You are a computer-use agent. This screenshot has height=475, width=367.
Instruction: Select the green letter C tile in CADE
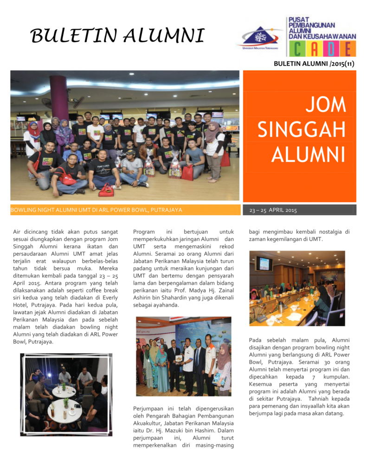point(297,49)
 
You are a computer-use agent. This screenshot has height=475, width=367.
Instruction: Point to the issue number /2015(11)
point(341,64)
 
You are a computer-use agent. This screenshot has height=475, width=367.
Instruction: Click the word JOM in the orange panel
point(325,106)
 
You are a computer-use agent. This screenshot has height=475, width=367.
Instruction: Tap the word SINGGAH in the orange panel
point(302,130)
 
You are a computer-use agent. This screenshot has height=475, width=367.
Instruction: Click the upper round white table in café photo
point(64,391)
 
